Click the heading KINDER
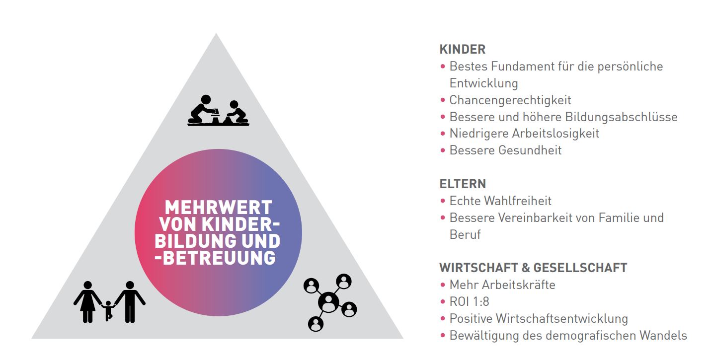click(x=462, y=49)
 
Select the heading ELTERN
click(x=463, y=184)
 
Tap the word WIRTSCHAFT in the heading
click(x=478, y=268)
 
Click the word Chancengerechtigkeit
click(x=510, y=100)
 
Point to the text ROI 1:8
click(x=469, y=302)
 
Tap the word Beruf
click(x=465, y=234)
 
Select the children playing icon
click(x=218, y=111)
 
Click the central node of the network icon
click(x=329, y=301)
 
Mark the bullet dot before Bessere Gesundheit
click(x=442, y=150)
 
